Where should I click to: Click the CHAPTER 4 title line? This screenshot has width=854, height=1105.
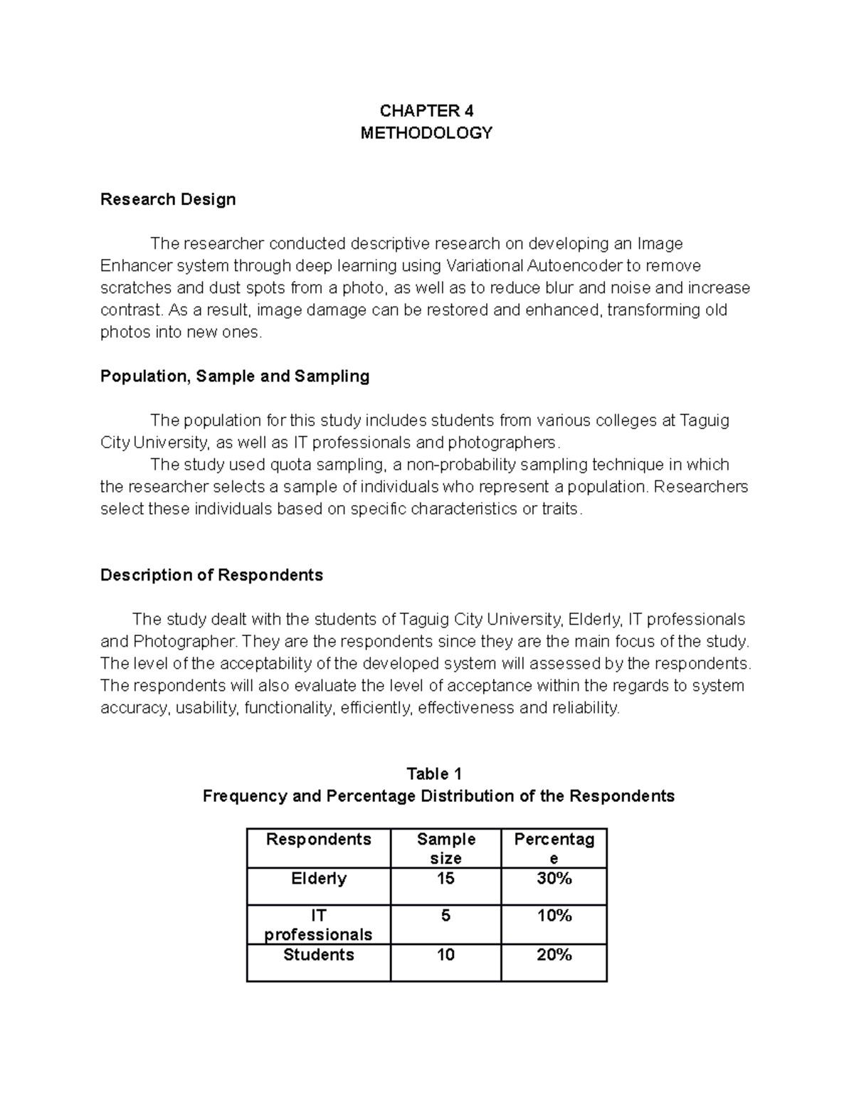(x=426, y=110)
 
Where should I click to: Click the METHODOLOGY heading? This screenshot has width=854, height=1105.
(x=426, y=133)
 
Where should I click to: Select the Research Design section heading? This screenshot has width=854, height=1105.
(x=168, y=199)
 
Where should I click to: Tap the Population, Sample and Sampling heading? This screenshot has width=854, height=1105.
(x=235, y=376)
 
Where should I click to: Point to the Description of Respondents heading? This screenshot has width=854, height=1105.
(x=211, y=575)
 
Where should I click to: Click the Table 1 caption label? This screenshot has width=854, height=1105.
(x=434, y=773)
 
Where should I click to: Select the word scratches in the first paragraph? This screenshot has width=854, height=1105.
(x=136, y=287)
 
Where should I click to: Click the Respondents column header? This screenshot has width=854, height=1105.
(x=318, y=840)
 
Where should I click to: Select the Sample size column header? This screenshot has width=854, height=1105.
(x=446, y=848)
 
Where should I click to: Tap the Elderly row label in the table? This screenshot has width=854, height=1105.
(x=318, y=879)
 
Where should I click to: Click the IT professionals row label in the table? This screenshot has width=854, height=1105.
(x=318, y=924)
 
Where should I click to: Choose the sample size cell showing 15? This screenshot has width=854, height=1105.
(x=446, y=879)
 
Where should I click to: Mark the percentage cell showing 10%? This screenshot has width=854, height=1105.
(x=554, y=916)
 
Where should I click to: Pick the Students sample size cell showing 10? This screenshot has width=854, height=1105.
(x=446, y=955)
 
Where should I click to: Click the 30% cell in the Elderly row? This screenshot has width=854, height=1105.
(x=554, y=879)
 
